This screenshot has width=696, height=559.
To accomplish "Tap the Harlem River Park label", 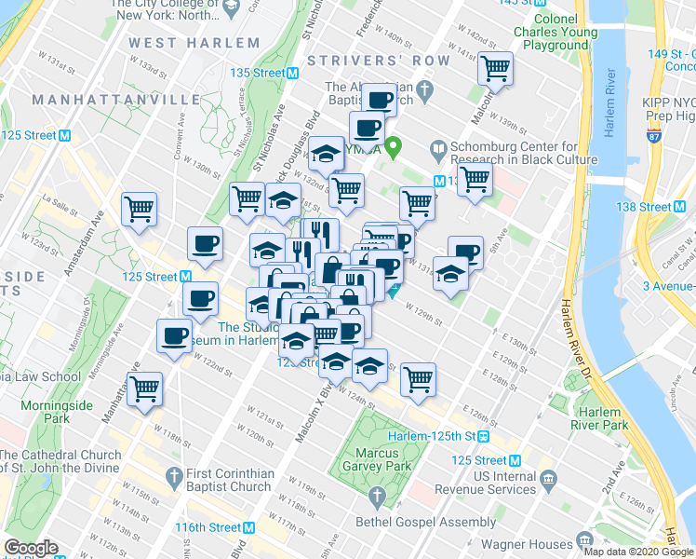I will click(600, 418).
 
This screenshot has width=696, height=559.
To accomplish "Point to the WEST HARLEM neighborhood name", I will click(194, 43).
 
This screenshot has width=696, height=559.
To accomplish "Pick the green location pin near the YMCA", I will click(395, 146).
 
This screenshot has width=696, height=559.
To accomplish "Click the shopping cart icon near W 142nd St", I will click(495, 68).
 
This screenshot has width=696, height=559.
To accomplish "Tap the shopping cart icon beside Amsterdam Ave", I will click(140, 210).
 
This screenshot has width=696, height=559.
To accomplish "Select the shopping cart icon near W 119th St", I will click(145, 389).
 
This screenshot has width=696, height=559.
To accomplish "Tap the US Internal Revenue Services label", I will click(583, 483).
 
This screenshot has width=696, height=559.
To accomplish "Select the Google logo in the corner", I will click(31, 548).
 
